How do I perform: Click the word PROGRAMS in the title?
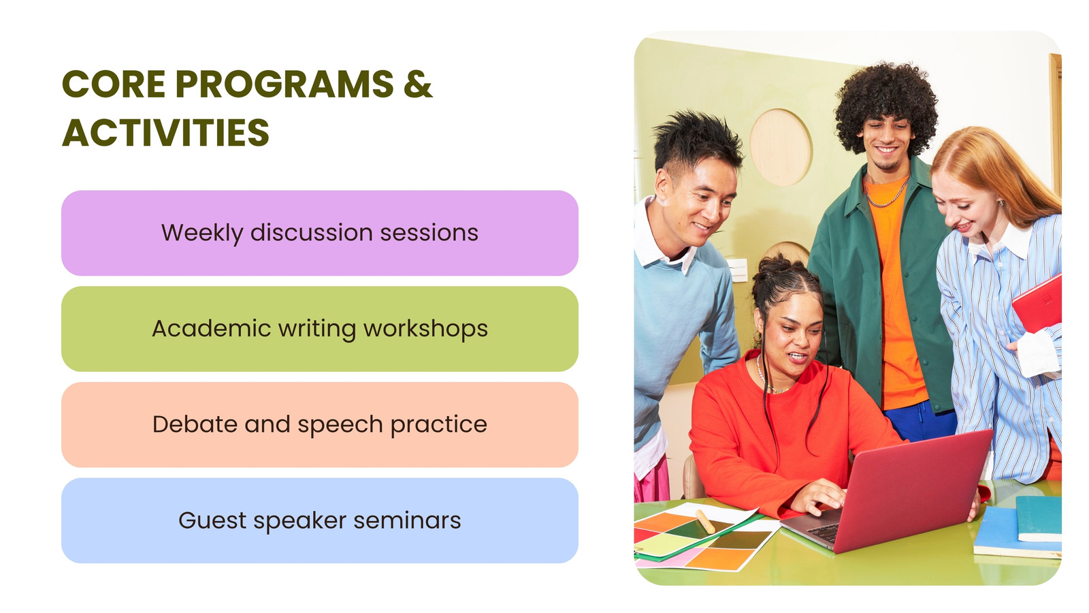(285, 84)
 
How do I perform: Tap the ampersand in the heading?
(418, 84)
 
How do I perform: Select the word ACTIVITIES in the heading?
(165, 132)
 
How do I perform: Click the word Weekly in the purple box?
(201, 233)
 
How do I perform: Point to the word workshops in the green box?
(425, 329)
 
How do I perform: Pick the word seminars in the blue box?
(407, 520)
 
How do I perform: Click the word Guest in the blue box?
(212, 520)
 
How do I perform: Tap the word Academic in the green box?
(211, 328)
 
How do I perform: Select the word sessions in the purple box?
(429, 233)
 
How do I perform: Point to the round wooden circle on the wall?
(781, 147)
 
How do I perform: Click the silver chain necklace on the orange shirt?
(885, 193)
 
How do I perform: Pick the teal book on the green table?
(1039, 518)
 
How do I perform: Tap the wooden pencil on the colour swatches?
(705, 521)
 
